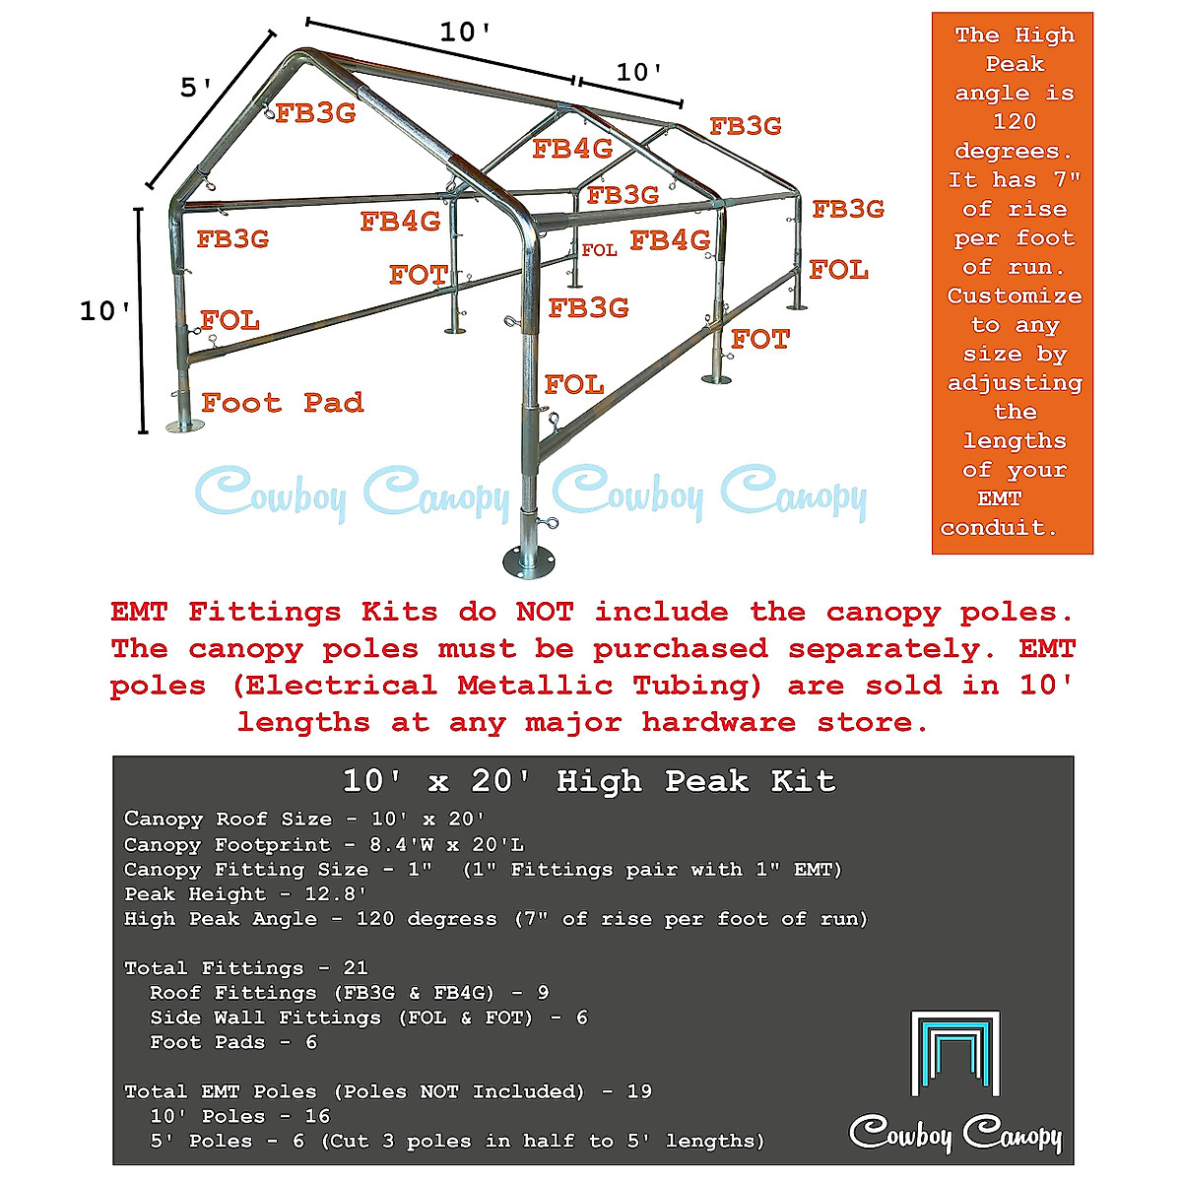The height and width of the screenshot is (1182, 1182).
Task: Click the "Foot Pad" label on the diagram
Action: click(x=282, y=403)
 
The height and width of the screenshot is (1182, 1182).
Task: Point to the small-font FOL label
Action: click(x=599, y=250)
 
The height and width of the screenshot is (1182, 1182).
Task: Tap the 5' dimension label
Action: click(x=196, y=89)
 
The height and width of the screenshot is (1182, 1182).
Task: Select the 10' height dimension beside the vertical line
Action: click(x=104, y=311)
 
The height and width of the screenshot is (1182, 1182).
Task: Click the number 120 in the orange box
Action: click(x=1014, y=121)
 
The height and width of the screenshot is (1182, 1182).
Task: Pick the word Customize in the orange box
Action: click(x=1014, y=295)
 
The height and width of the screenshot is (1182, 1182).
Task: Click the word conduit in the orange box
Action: click(x=998, y=528)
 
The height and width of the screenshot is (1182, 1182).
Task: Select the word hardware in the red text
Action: click(x=718, y=722)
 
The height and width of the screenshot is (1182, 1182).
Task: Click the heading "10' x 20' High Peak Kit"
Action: click(x=589, y=781)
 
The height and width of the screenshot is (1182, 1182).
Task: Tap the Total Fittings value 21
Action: click(x=355, y=968)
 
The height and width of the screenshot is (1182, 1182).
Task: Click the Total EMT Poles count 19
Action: click(x=638, y=1091)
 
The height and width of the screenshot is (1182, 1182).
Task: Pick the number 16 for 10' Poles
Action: click(x=317, y=1116)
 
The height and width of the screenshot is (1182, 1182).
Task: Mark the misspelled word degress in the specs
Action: click(x=452, y=919)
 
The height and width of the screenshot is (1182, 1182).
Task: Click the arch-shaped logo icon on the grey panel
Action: click(x=954, y=1052)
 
